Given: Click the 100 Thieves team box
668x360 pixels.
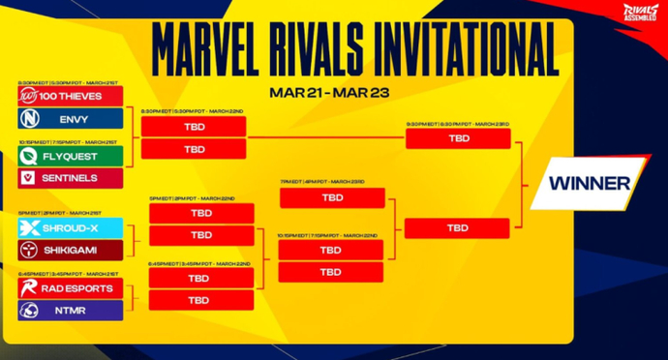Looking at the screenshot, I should (70, 96).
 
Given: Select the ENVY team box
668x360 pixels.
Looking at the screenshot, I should (70, 118).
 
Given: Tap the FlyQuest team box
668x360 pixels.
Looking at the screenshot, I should (70, 156).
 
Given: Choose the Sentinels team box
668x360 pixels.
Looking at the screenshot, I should (70, 178).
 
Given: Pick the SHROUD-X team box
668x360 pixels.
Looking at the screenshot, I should (70, 228).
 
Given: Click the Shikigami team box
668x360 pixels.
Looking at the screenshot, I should (70, 250).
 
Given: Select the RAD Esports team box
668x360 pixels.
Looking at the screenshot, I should (70, 287).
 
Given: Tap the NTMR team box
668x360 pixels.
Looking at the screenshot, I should (70, 310).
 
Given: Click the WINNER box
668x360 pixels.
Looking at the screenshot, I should (590, 183).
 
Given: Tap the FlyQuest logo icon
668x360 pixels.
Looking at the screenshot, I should (30, 156).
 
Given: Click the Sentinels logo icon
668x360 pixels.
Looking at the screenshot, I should (30, 178).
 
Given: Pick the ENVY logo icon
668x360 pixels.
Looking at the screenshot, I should (30, 118).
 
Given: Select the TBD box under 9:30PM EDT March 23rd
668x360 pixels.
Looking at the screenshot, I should (458, 138).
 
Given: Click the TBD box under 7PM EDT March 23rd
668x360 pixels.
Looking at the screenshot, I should (331, 198).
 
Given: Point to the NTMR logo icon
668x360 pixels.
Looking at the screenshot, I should (30, 310).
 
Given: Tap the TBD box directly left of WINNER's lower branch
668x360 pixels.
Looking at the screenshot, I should (458, 228).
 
